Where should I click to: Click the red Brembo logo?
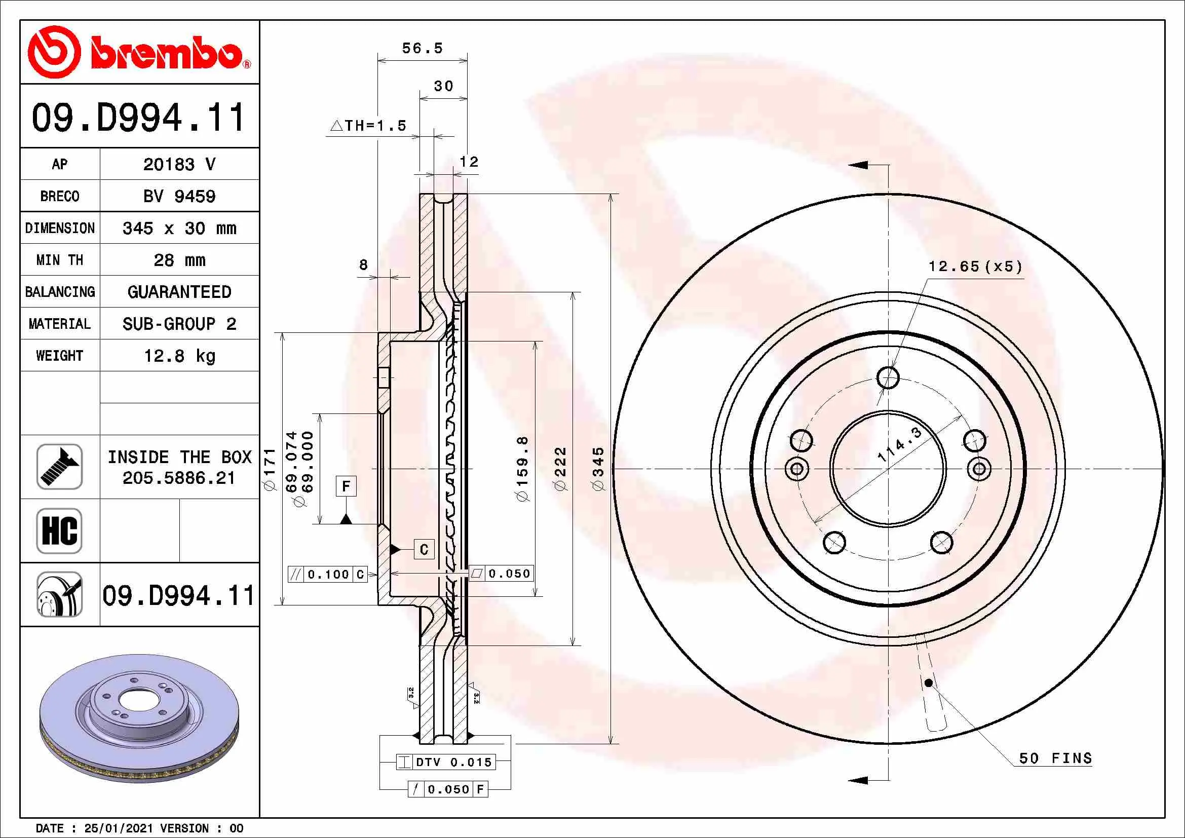click(x=139, y=52)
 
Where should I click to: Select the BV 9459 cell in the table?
click(x=179, y=196)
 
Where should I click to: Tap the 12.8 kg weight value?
click(x=179, y=356)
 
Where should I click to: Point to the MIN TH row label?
click(x=60, y=260)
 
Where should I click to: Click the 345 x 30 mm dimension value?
click(x=179, y=228)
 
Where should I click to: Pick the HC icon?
click(x=59, y=531)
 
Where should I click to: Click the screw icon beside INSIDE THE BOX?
click(x=59, y=467)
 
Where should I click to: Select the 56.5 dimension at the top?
click(x=422, y=48)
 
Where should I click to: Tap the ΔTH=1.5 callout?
click(x=368, y=125)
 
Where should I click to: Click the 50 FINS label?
click(x=1055, y=758)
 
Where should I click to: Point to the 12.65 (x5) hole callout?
click(x=975, y=266)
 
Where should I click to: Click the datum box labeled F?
click(x=346, y=486)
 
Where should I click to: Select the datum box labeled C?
click(x=424, y=549)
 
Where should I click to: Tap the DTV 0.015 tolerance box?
click(x=446, y=762)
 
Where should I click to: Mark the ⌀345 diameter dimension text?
click(x=598, y=469)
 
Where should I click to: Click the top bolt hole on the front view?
click(x=888, y=377)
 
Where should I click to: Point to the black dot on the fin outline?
click(x=929, y=682)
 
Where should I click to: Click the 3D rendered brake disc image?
click(x=139, y=718)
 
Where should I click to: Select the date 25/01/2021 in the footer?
click(x=119, y=828)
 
